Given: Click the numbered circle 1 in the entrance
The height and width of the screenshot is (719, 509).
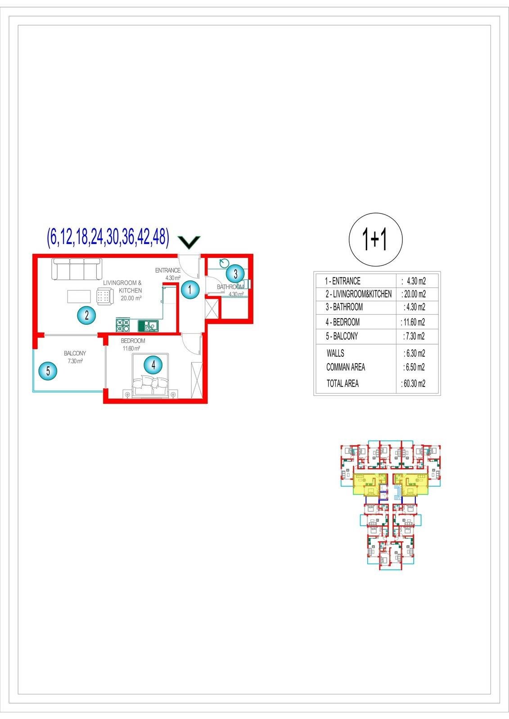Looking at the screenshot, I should [x=190, y=289].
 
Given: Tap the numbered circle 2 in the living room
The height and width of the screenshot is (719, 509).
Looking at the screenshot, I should [x=87, y=315].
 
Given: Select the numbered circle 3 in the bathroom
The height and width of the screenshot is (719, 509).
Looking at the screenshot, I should [x=235, y=274].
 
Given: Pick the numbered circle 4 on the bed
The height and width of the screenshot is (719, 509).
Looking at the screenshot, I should [x=153, y=365].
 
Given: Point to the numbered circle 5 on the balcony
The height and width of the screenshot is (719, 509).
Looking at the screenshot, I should [x=48, y=371].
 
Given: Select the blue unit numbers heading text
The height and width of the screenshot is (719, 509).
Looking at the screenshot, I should [x=108, y=237].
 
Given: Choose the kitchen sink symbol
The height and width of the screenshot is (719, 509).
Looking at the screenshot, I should [x=148, y=325].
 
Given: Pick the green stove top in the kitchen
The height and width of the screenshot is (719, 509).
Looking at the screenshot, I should [x=123, y=324].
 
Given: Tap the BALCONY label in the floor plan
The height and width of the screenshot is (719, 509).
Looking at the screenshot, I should [x=75, y=353].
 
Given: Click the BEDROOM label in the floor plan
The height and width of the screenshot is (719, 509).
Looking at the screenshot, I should [x=133, y=341].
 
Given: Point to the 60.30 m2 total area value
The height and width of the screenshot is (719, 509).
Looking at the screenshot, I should [x=414, y=384].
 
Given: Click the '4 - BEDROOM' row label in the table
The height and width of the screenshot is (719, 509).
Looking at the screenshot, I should [x=342, y=322].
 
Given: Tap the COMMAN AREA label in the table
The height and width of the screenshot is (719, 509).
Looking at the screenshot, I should [x=346, y=367].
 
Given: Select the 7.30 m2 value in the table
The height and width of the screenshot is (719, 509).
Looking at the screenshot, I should [x=414, y=336].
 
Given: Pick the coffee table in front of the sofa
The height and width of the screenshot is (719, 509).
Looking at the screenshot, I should [x=79, y=297].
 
